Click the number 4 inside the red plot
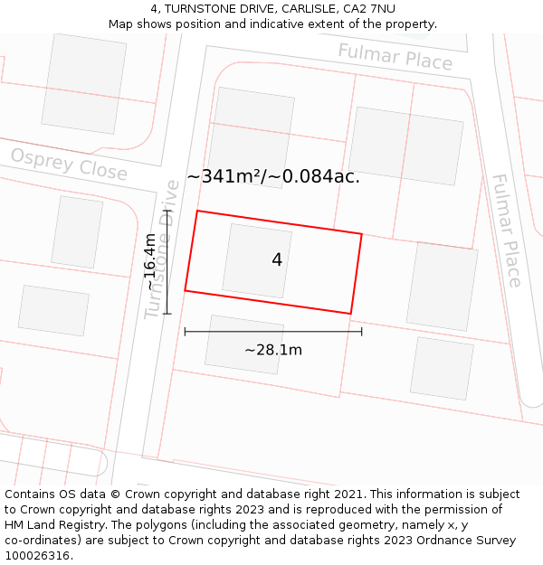(277, 260)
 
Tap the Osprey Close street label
(69, 165)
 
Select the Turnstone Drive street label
(162, 249)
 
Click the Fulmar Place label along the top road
(395, 56)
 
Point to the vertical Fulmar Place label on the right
(506, 230)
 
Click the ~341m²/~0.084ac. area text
(273, 176)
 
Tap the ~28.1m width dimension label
(273, 350)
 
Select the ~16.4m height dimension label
(149, 262)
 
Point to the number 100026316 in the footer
(37, 556)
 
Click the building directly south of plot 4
(245, 344)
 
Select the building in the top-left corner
(83, 83)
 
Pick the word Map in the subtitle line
(121, 24)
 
